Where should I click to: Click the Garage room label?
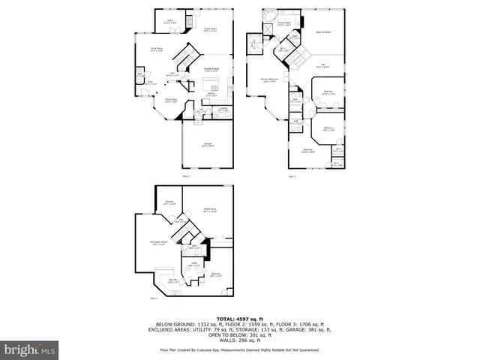pyautogui.click(x=208, y=144)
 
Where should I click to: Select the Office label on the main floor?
pyautogui.click(x=170, y=22)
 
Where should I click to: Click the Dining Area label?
pyautogui.click(x=171, y=100)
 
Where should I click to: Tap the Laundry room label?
pyautogui.click(x=223, y=110)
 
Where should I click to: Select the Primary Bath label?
pyautogui.click(x=284, y=24)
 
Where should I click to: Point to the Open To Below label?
pyautogui.click(x=323, y=32)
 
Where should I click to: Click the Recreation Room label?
pyautogui.click(x=158, y=244)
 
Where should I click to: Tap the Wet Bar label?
pyautogui.click(x=172, y=280)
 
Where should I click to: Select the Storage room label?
pyautogui.click(x=169, y=202)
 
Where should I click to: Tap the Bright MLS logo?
pyautogui.click(x=30, y=349)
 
